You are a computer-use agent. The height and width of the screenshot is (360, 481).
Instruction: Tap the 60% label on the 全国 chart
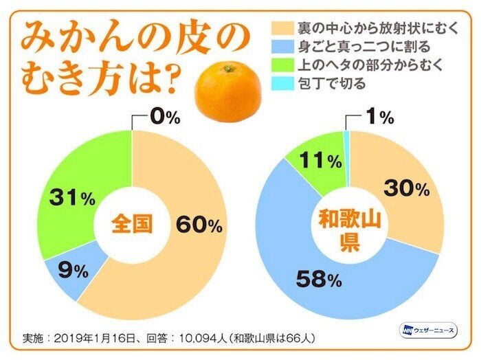pos(199,224)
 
